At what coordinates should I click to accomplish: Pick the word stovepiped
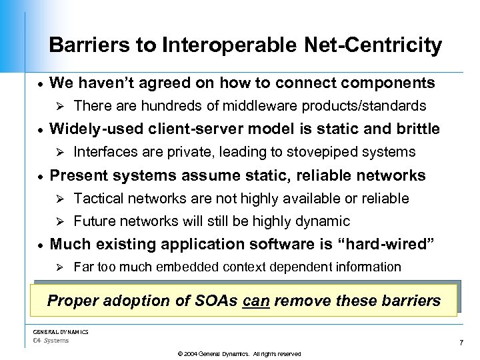[x=332, y=152]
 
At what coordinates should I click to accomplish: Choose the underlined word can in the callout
[x=255, y=301]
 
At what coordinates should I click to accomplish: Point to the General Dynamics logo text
[x=61, y=331]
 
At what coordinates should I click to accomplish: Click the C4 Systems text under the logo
[x=51, y=341]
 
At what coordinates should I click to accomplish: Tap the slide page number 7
[x=461, y=343]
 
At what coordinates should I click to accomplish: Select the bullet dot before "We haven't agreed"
[x=40, y=85]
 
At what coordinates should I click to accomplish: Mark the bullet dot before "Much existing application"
[x=40, y=245]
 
